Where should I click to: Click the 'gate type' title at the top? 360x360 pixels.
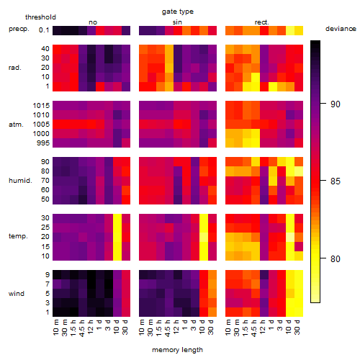[x=178, y=12]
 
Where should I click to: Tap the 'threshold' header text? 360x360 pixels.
[x=40, y=17]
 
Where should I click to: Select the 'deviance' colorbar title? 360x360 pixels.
[x=341, y=29]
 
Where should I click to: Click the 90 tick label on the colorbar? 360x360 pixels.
[x=336, y=104]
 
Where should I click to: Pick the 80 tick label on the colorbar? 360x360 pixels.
[x=336, y=258]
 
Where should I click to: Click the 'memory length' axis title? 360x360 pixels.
[x=178, y=350]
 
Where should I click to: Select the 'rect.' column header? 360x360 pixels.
[x=262, y=22]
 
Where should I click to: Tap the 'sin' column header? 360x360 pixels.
[x=177, y=22]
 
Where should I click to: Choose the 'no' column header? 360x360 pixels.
[x=93, y=22]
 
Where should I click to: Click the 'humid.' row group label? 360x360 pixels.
[x=20, y=181]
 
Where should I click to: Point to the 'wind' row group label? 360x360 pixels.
[x=17, y=294]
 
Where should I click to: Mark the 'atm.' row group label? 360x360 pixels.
[x=16, y=125]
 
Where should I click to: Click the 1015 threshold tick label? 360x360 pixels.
[x=41, y=106]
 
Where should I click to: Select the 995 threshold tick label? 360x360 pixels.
[x=43, y=143]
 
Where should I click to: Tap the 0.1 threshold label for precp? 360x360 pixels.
[x=44, y=30]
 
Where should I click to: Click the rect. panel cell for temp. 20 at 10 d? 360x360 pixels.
[x=290, y=237]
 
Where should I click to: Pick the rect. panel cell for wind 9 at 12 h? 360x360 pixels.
[x=264, y=275]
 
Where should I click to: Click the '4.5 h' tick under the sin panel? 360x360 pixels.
[x=168, y=328]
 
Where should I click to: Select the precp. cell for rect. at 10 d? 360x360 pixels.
[x=290, y=31]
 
